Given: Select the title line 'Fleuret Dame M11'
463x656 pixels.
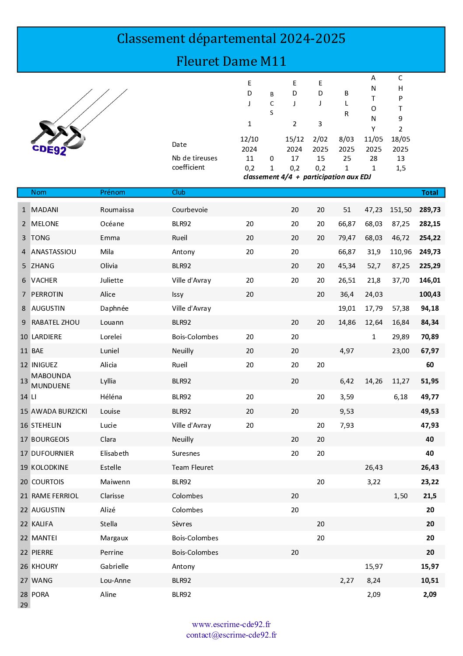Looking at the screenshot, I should tap(231, 61).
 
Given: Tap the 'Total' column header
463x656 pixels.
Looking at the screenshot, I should tap(429, 192).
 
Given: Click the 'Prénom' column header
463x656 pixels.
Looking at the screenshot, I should tap(112, 192).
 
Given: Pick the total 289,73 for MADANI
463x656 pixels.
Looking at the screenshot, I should tap(430, 210).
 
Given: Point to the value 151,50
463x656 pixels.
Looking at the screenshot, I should tap(400, 210).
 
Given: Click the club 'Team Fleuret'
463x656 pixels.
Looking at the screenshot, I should tap(193, 468).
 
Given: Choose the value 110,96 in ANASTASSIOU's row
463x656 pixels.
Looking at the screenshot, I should tap(400, 252).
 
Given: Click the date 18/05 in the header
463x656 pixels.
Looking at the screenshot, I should tap(400, 139).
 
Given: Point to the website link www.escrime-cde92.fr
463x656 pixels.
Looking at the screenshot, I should tap(231, 624).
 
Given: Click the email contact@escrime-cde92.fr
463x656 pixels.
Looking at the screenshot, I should tap(231, 635).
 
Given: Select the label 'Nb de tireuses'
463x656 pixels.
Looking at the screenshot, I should tap(194, 158).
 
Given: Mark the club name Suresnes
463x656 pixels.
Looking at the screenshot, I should tap(186, 454).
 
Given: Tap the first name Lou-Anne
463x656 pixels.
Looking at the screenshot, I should tap(116, 581).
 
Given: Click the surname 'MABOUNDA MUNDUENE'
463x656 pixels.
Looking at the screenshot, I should tap(51, 381).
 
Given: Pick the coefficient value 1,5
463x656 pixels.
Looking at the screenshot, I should tap(400, 168).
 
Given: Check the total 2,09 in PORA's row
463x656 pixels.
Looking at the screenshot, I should tap(430, 595).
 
